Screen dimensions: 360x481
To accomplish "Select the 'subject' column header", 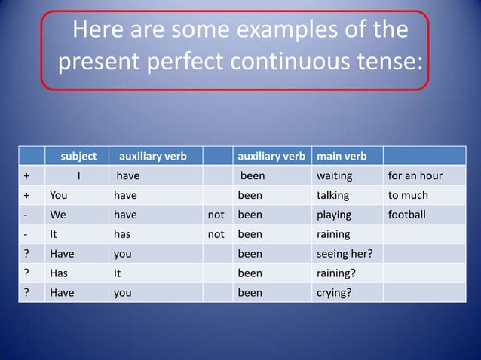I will pos(78,157).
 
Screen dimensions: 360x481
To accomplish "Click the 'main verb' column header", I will pos(342,157).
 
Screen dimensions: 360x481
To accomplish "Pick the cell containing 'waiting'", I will pos(334,176).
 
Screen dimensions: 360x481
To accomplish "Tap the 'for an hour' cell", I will pos(415,176).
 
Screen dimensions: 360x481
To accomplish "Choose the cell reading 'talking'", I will pos(332,196).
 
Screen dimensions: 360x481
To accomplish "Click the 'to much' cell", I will pos(408,196).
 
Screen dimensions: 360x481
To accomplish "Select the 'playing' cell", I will pos(333,215).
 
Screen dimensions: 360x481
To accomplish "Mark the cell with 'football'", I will pos(407,215).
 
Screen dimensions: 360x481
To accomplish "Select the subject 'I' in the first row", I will pos(78,176).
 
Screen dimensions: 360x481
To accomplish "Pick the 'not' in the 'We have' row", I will pos(216,215).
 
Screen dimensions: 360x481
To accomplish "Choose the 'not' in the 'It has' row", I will pos(216,234).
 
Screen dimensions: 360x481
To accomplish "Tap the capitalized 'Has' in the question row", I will pos(59,273).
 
